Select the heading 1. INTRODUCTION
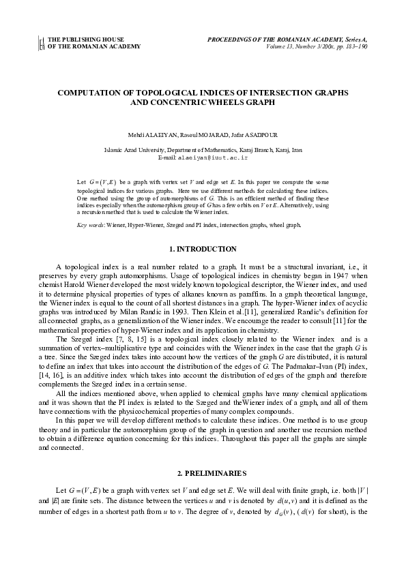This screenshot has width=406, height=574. point(203,249)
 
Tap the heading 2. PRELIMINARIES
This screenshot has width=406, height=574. point(203,472)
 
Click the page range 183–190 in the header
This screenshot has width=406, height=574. point(354,47)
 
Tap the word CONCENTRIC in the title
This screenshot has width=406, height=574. point(182,102)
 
